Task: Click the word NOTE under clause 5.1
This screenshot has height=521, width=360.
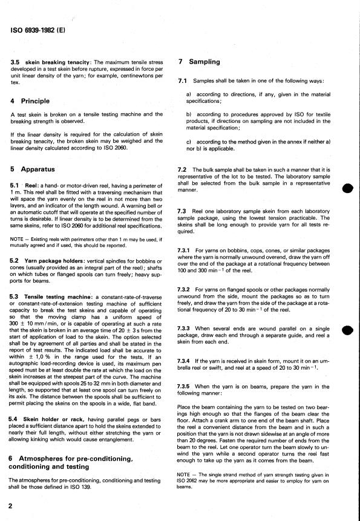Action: tap(18, 239)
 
